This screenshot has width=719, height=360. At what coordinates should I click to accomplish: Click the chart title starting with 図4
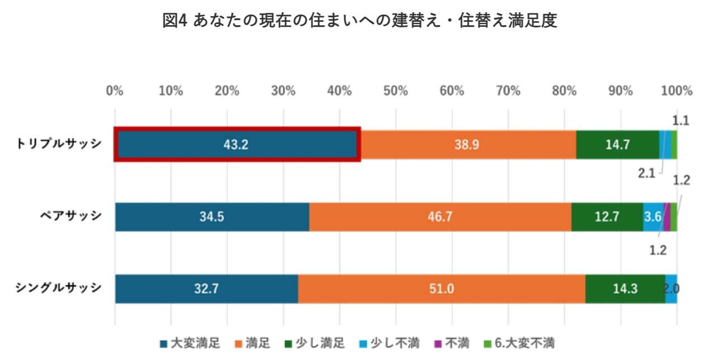pyautogui.click(x=359, y=21)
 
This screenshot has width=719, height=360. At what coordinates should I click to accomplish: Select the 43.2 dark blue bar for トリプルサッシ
pyautogui.click(x=237, y=145)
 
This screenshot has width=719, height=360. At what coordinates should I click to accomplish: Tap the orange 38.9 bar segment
pyautogui.click(x=468, y=145)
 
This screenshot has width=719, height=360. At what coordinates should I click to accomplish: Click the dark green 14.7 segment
pyautogui.click(x=617, y=145)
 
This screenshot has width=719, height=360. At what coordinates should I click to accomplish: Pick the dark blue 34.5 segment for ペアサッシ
pyautogui.click(x=212, y=217)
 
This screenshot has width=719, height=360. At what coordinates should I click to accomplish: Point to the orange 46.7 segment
pyautogui.click(x=440, y=217)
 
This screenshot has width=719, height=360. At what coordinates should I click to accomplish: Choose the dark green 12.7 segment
pyautogui.click(x=607, y=217)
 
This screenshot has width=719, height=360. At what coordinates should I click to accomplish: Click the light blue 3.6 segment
pyautogui.click(x=653, y=217)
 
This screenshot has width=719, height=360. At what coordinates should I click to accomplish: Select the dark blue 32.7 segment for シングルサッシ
pyautogui.click(x=206, y=289)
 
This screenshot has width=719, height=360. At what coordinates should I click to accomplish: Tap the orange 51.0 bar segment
pyautogui.click(x=441, y=289)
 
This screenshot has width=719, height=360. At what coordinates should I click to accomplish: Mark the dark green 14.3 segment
pyautogui.click(x=625, y=289)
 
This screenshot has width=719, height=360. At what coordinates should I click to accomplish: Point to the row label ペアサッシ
pyautogui.click(x=70, y=216)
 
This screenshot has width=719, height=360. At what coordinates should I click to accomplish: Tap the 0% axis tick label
pyautogui.click(x=115, y=91)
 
